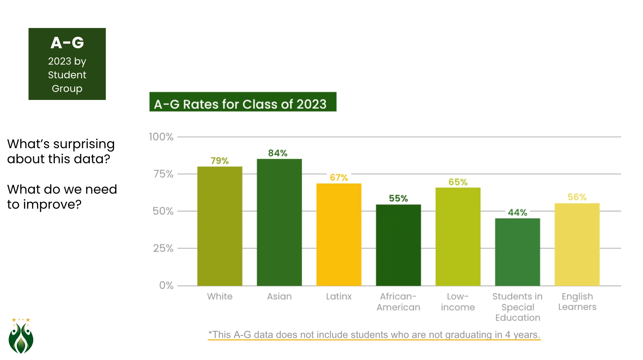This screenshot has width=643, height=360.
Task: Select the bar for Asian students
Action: [x=279, y=222]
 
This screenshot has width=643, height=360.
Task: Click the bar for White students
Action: [x=219, y=226]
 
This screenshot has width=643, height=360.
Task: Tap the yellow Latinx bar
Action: [x=339, y=235]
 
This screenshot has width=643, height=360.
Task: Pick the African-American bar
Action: [x=398, y=245]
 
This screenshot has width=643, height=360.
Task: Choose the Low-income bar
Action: [x=458, y=237]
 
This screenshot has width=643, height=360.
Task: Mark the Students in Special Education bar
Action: [x=517, y=252]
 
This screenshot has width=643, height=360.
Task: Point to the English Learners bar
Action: [x=577, y=244]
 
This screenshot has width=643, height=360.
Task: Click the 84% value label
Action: [x=278, y=153]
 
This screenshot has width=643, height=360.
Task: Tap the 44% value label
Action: [x=517, y=212]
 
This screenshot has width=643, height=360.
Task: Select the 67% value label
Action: [x=339, y=178]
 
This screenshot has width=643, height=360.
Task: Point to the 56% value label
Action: [x=577, y=197]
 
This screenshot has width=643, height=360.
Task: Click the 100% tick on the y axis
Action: [x=161, y=137]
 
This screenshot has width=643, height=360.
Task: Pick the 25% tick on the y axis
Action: [x=163, y=248]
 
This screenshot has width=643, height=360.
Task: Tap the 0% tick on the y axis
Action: [x=166, y=285]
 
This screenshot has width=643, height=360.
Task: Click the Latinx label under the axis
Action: [x=339, y=296]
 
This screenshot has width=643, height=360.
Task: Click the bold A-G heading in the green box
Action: [x=67, y=43]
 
